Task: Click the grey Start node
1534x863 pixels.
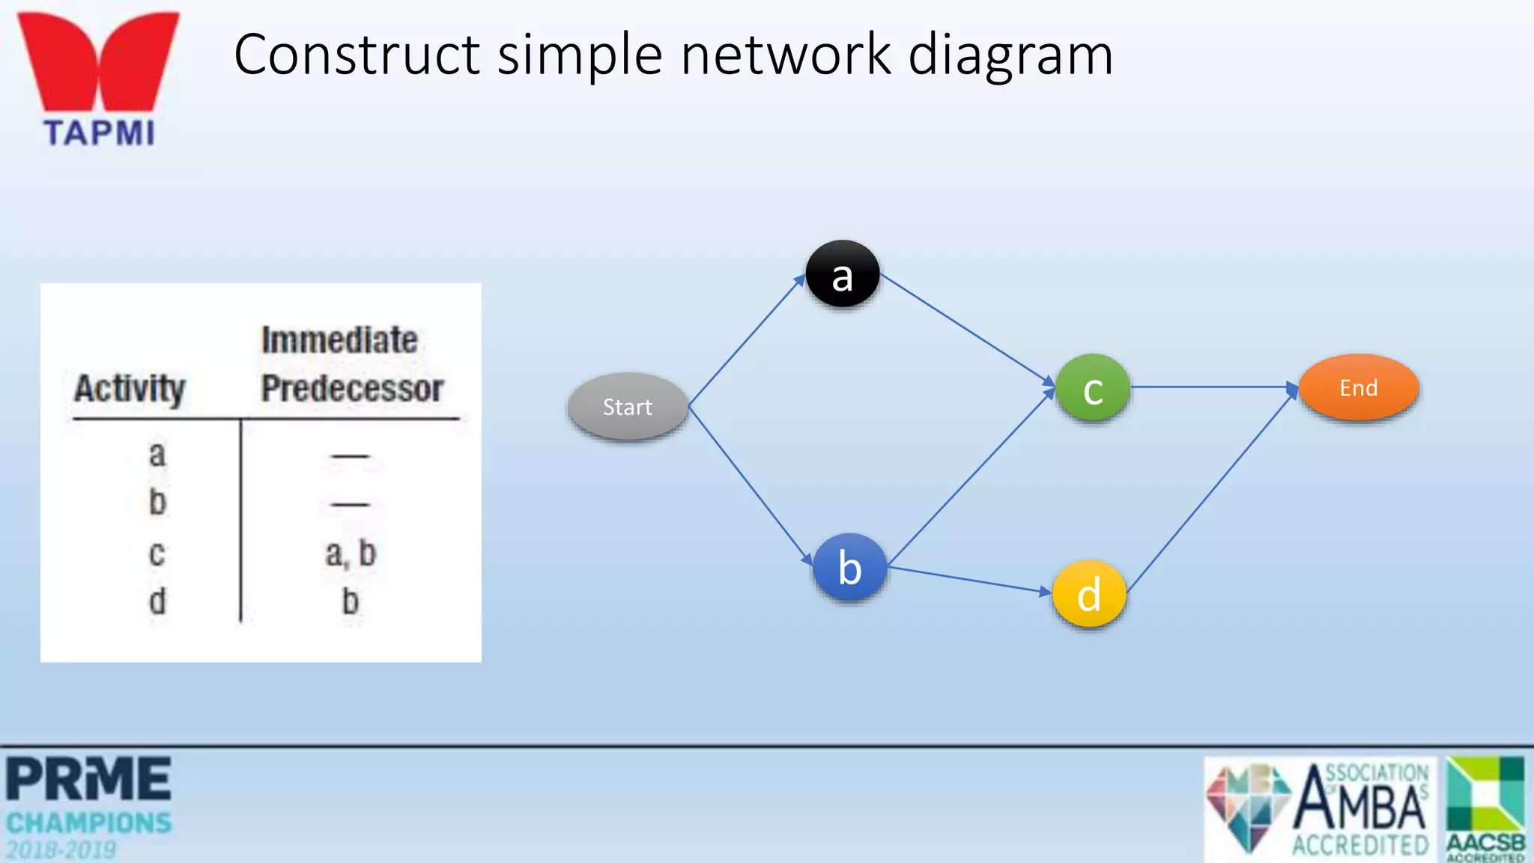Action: (x=628, y=406)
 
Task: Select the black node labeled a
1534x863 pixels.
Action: (x=843, y=274)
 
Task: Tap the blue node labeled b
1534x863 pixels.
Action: (x=849, y=567)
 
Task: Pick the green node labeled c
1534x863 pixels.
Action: (x=1093, y=388)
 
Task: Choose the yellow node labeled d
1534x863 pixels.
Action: (x=1089, y=594)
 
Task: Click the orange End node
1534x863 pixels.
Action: (x=1358, y=387)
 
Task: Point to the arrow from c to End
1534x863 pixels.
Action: (x=1213, y=387)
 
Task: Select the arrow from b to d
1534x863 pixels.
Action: (x=970, y=580)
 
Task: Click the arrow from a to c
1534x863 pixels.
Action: (x=966, y=330)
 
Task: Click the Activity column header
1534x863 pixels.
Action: (x=130, y=388)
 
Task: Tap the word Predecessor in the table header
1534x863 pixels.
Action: (x=352, y=388)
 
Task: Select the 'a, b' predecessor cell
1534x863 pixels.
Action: (x=351, y=554)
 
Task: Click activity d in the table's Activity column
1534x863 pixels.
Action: (x=157, y=602)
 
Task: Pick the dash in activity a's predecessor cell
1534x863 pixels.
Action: (x=351, y=455)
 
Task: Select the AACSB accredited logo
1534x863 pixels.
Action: (x=1485, y=808)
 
